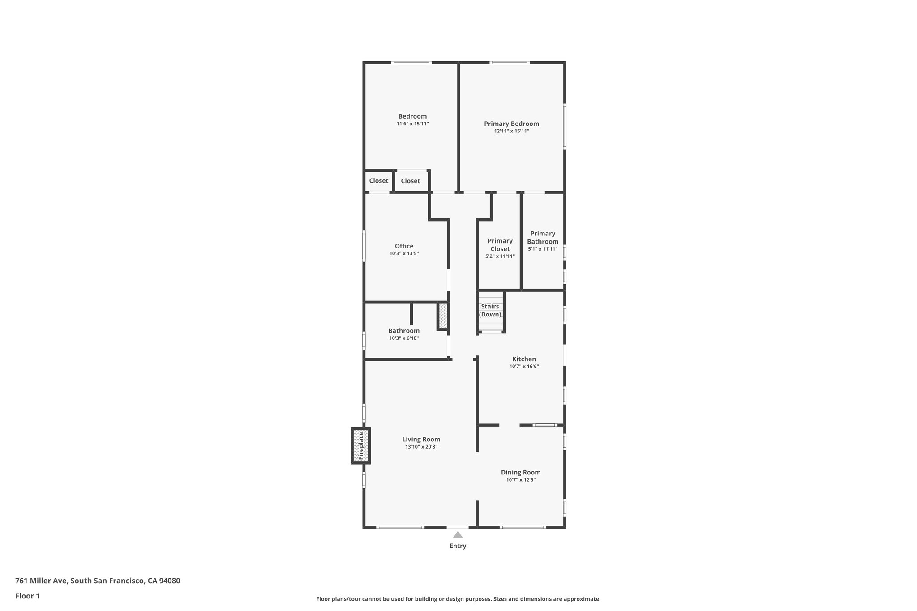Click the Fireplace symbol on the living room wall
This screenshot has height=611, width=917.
[x=360, y=446]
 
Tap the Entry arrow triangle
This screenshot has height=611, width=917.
[x=458, y=535]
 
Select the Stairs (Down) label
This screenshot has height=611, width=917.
[x=490, y=310]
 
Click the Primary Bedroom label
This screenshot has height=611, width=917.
[x=511, y=124]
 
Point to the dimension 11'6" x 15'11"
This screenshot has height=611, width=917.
[x=412, y=124]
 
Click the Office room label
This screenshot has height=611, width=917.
[x=404, y=246]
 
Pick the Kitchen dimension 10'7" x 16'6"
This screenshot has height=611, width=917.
[x=524, y=367]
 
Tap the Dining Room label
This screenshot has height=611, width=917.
[x=520, y=472]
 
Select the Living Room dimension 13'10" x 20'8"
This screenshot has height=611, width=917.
[x=421, y=447]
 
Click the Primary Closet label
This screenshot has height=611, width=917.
[x=500, y=245]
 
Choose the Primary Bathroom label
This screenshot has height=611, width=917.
[x=543, y=237]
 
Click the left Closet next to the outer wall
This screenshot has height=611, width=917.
[x=378, y=181]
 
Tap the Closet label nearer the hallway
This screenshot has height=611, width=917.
[x=410, y=181]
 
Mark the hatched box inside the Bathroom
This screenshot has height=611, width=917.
[x=442, y=316]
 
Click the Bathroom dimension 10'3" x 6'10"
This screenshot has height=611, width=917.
[x=404, y=338]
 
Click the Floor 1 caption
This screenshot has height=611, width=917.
[x=27, y=596]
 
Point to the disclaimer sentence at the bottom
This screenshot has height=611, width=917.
[x=458, y=599]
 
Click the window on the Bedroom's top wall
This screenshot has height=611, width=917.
[x=411, y=63]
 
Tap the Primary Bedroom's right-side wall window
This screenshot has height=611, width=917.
[x=565, y=126]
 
